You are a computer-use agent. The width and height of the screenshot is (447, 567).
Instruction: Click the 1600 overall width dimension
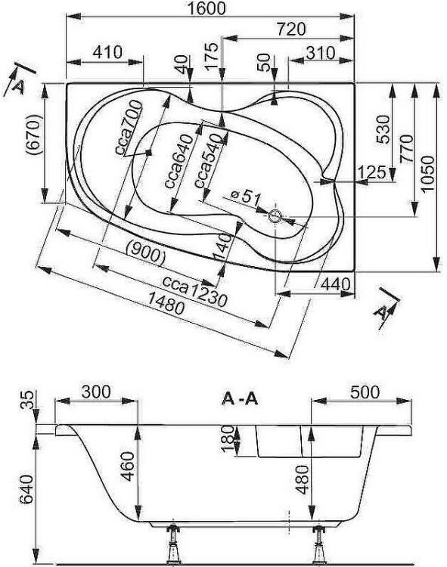206,8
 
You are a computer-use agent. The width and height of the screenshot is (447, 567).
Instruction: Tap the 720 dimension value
291,29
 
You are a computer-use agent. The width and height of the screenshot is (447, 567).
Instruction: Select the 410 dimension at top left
107,52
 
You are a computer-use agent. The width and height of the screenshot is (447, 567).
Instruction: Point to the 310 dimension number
321,53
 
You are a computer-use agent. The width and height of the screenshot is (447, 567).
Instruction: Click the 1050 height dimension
428,175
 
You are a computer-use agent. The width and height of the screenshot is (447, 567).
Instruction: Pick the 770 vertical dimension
406,149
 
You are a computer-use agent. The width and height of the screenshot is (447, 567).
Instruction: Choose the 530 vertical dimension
383,129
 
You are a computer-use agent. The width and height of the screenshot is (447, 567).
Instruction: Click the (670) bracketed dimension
33,135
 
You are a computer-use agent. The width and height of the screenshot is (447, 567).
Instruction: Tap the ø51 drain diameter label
245,197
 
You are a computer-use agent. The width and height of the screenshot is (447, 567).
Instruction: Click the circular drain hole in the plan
275,216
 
